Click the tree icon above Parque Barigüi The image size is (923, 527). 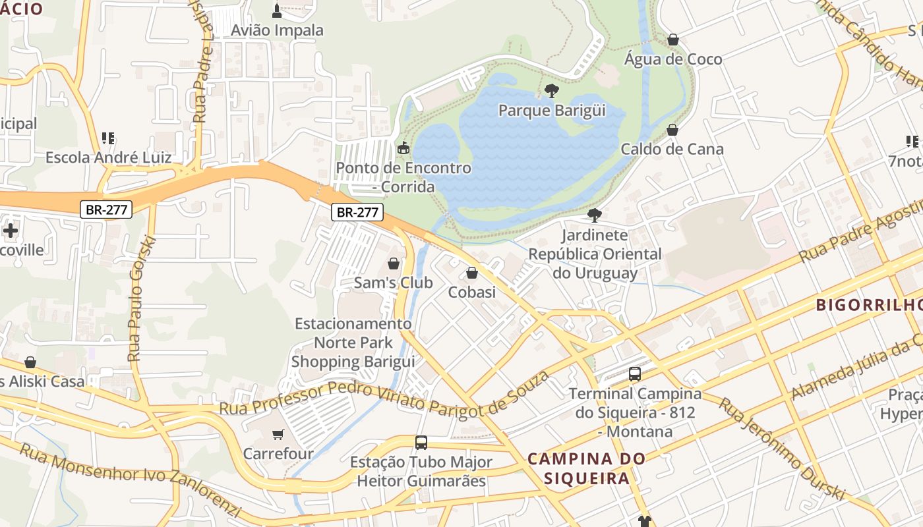coord(552,91)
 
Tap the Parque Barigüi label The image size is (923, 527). coord(552,110)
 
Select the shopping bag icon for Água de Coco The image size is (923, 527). coord(672,40)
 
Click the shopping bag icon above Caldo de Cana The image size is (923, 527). coord(672,130)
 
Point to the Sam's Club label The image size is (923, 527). coord(394,283)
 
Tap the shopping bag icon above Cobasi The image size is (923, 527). coord(472,273)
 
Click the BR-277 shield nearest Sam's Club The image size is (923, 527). coord(357,212)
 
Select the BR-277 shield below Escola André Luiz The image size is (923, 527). coord(107,210)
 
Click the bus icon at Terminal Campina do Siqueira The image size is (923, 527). coord(635,374)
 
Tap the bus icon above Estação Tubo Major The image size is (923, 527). coord(421,443)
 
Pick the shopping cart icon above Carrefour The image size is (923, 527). coord(278,434)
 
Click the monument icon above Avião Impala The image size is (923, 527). coord(277,11)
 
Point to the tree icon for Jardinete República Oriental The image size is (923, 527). coord(594,215)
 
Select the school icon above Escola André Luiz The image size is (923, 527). coord(108,138)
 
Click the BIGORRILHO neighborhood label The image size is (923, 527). coord(868,305)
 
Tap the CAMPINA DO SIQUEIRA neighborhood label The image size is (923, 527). coord(587,468)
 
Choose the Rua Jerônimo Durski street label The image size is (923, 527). coord(781,449)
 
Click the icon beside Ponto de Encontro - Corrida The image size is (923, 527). coord(403,148)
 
